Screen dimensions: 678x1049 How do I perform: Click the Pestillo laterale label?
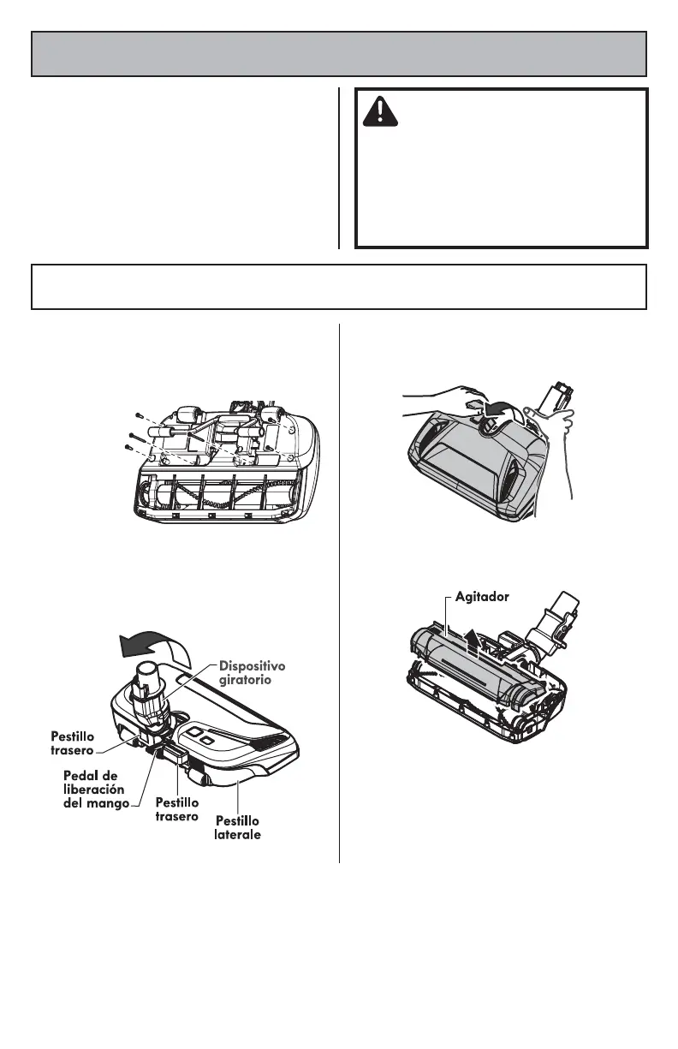coord(237,827)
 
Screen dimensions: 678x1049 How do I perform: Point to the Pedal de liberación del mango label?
coord(95,789)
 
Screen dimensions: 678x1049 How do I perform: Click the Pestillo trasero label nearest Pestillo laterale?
coord(177,809)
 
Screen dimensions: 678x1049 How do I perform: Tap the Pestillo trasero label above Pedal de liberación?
coord(73,742)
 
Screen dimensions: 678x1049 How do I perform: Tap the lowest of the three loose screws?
coord(128,446)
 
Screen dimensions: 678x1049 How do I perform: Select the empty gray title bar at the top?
coord(339,54)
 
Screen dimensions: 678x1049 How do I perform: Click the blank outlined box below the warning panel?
coord(339,287)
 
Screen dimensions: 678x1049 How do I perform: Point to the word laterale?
coord(237,834)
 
